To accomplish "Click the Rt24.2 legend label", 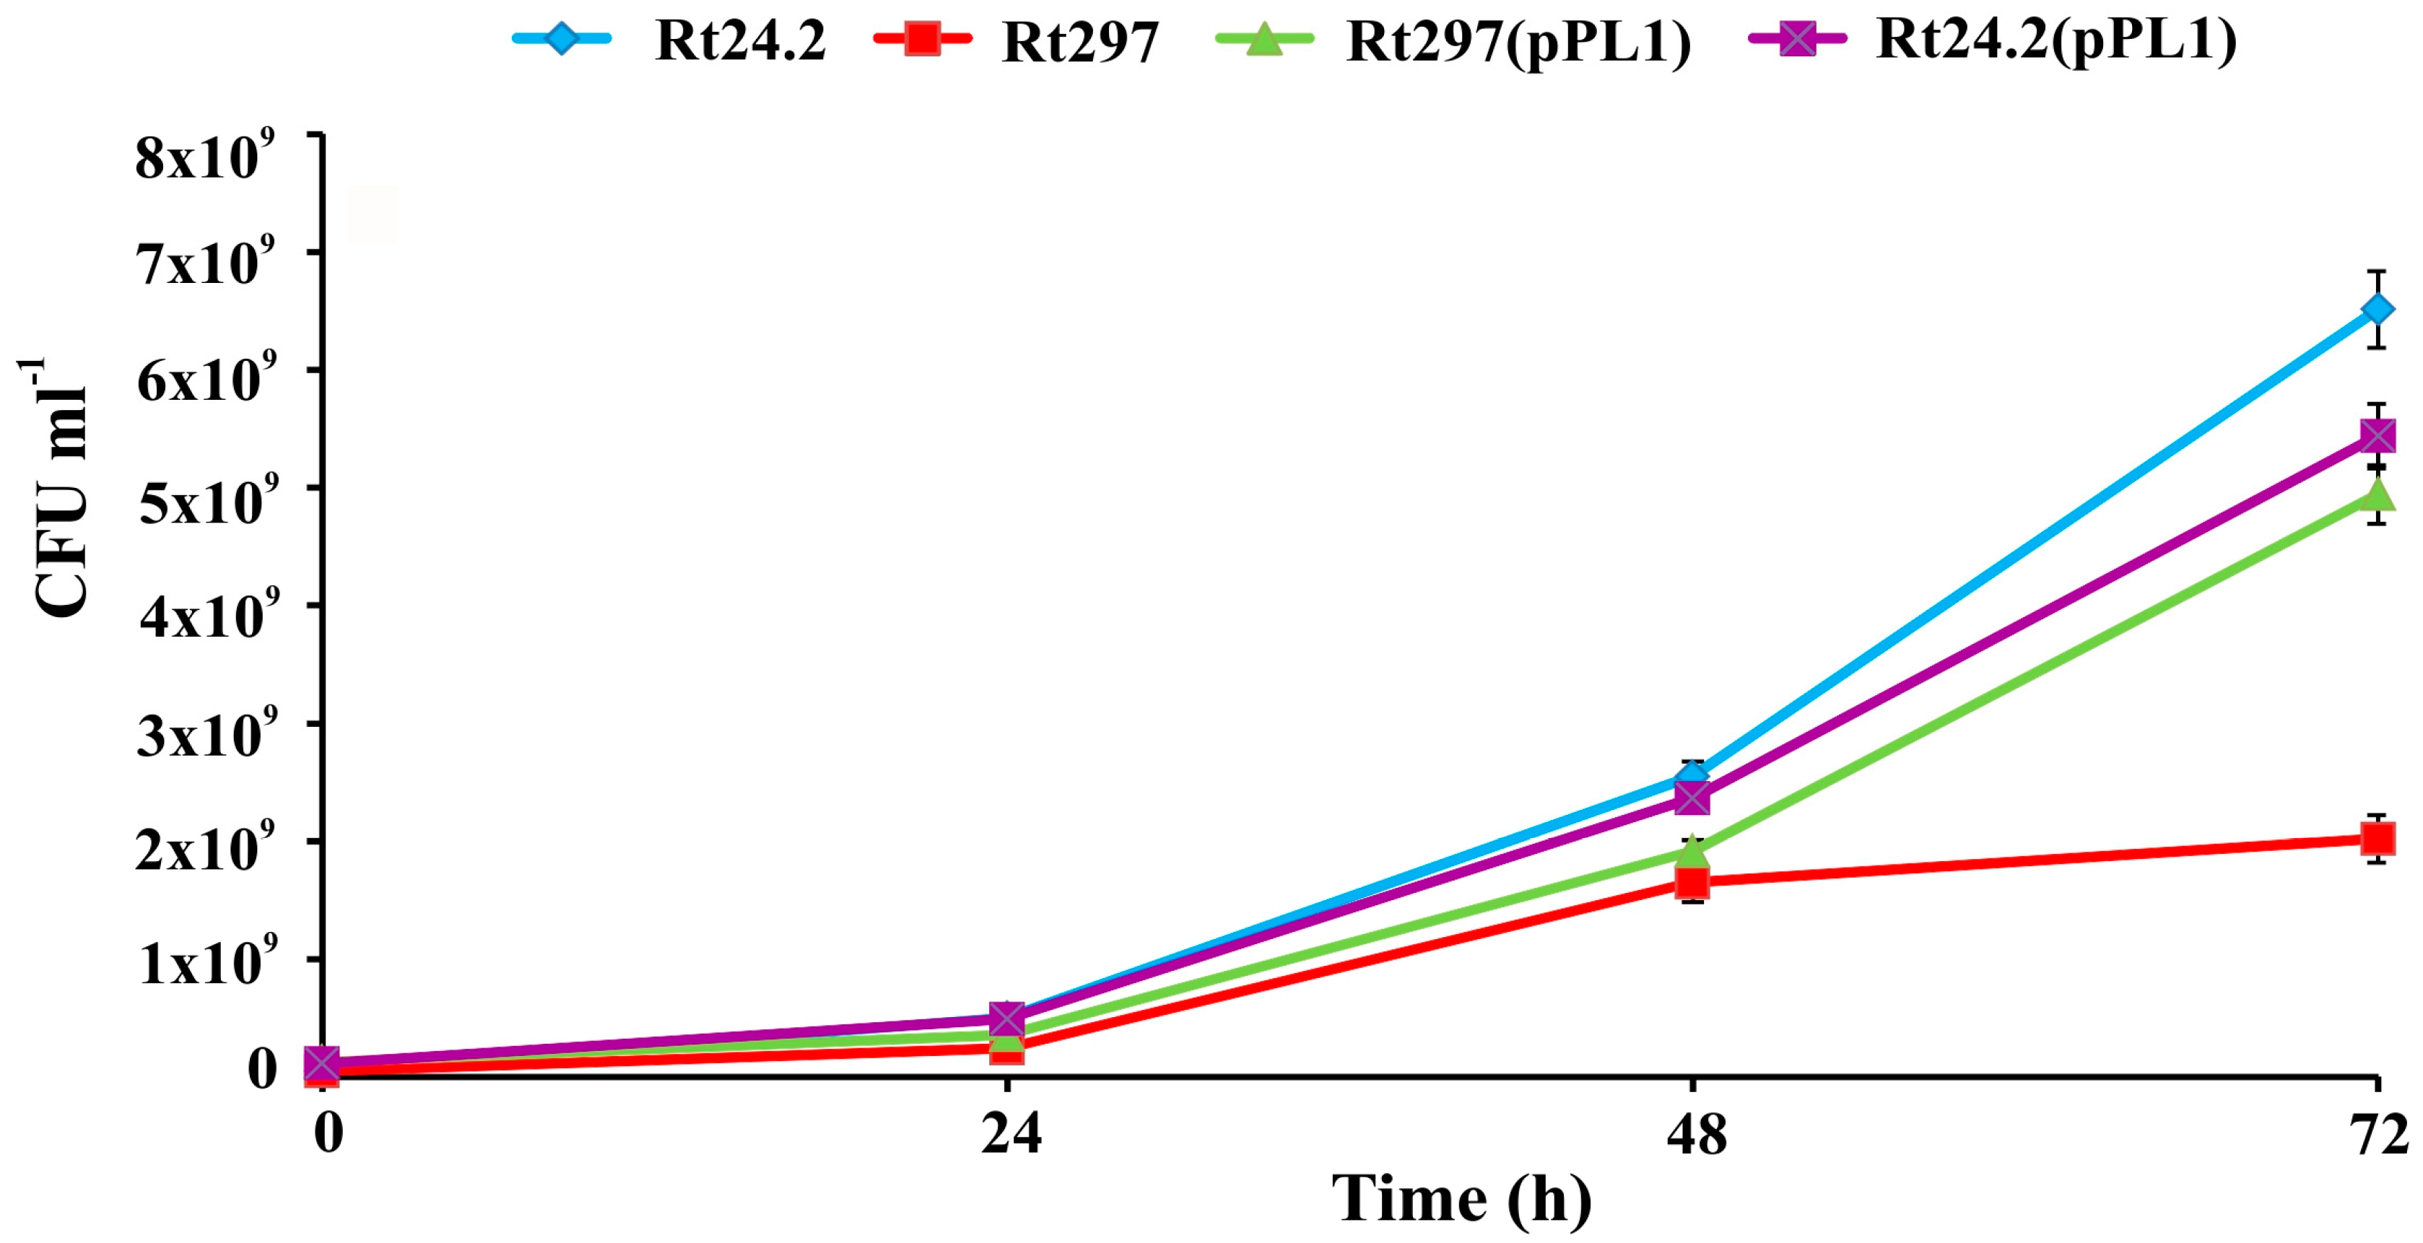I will click(x=740, y=40).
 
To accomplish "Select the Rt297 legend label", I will click(x=1080, y=43).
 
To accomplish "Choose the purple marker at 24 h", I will click(x=1006, y=1019).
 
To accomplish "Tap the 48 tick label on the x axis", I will click(x=1696, y=1134).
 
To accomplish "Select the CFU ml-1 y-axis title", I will click(x=58, y=489).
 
